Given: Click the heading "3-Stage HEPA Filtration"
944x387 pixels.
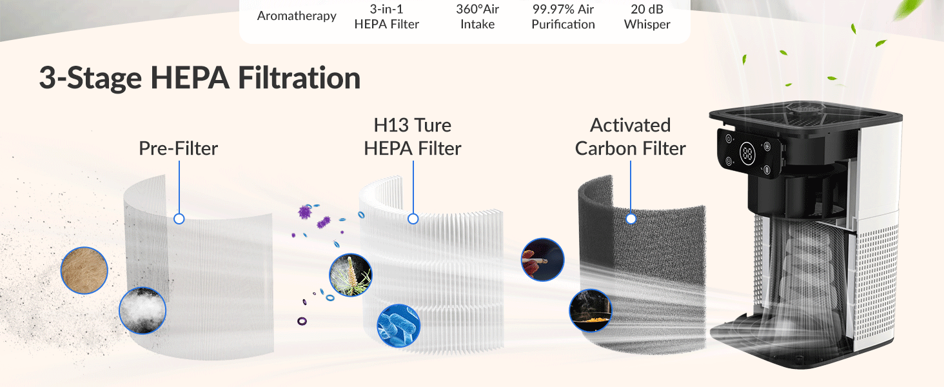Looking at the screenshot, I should click(x=199, y=78).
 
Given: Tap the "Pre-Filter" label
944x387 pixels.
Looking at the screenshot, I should click(x=179, y=148).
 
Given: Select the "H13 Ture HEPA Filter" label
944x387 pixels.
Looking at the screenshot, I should click(x=413, y=137).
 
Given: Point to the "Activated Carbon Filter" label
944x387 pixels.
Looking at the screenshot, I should click(x=630, y=137).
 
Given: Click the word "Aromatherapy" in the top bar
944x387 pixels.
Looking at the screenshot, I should click(x=297, y=16).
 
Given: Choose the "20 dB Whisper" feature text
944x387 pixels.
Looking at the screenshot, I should click(x=647, y=17).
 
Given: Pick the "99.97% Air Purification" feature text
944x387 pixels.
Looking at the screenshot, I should click(x=563, y=17).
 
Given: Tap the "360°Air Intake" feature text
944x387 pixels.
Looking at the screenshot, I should click(x=477, y=17).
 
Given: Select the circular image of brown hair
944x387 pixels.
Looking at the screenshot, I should click(x=84, y=271).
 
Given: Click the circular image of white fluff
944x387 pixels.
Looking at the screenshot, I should click(x=143, y=310).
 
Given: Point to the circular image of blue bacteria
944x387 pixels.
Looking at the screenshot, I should click(x=398, y=326).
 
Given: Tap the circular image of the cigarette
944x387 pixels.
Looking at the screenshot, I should click(x=542, y=260).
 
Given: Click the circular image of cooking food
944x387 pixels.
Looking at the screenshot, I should click(x=591, y=310).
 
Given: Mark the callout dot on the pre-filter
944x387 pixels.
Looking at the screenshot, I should click(x=179, y=219).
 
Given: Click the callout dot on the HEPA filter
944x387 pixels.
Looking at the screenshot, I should click(x=413, y=219).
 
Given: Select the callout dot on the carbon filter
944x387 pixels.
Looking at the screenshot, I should click(x=631, y=219).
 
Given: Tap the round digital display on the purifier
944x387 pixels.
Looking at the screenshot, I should click(x=748, y=154).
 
